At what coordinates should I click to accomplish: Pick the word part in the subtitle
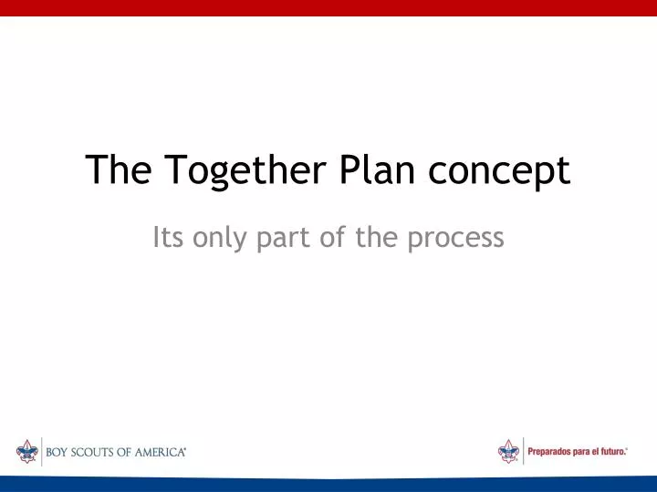(287, 239)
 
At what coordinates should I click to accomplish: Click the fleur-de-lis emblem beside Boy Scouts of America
(26, 451)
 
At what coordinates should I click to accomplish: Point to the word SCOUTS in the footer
(101, 452)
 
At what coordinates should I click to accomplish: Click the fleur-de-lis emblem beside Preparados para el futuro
(508, 451)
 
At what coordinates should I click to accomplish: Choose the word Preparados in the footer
(553, 452)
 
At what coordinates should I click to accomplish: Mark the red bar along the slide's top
(328, 7)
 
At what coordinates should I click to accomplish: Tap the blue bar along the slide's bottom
(328, 484)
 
